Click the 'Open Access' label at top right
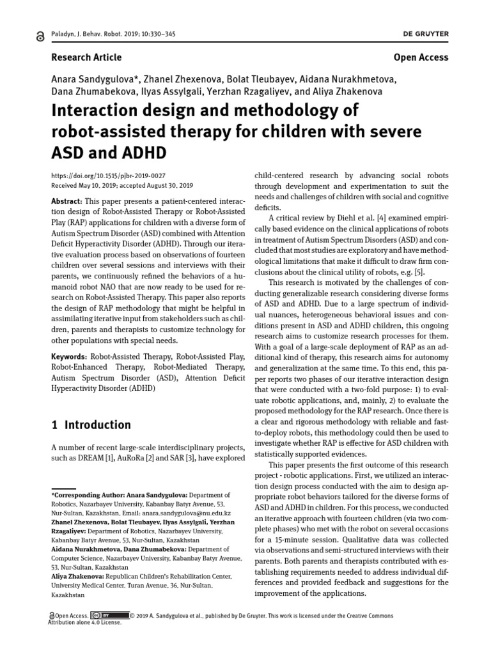pos(421,57)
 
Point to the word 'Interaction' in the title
pos(93,110)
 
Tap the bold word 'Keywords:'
pos(69,356)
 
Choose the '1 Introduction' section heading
pos(90,425)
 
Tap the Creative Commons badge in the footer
pos(109,616)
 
